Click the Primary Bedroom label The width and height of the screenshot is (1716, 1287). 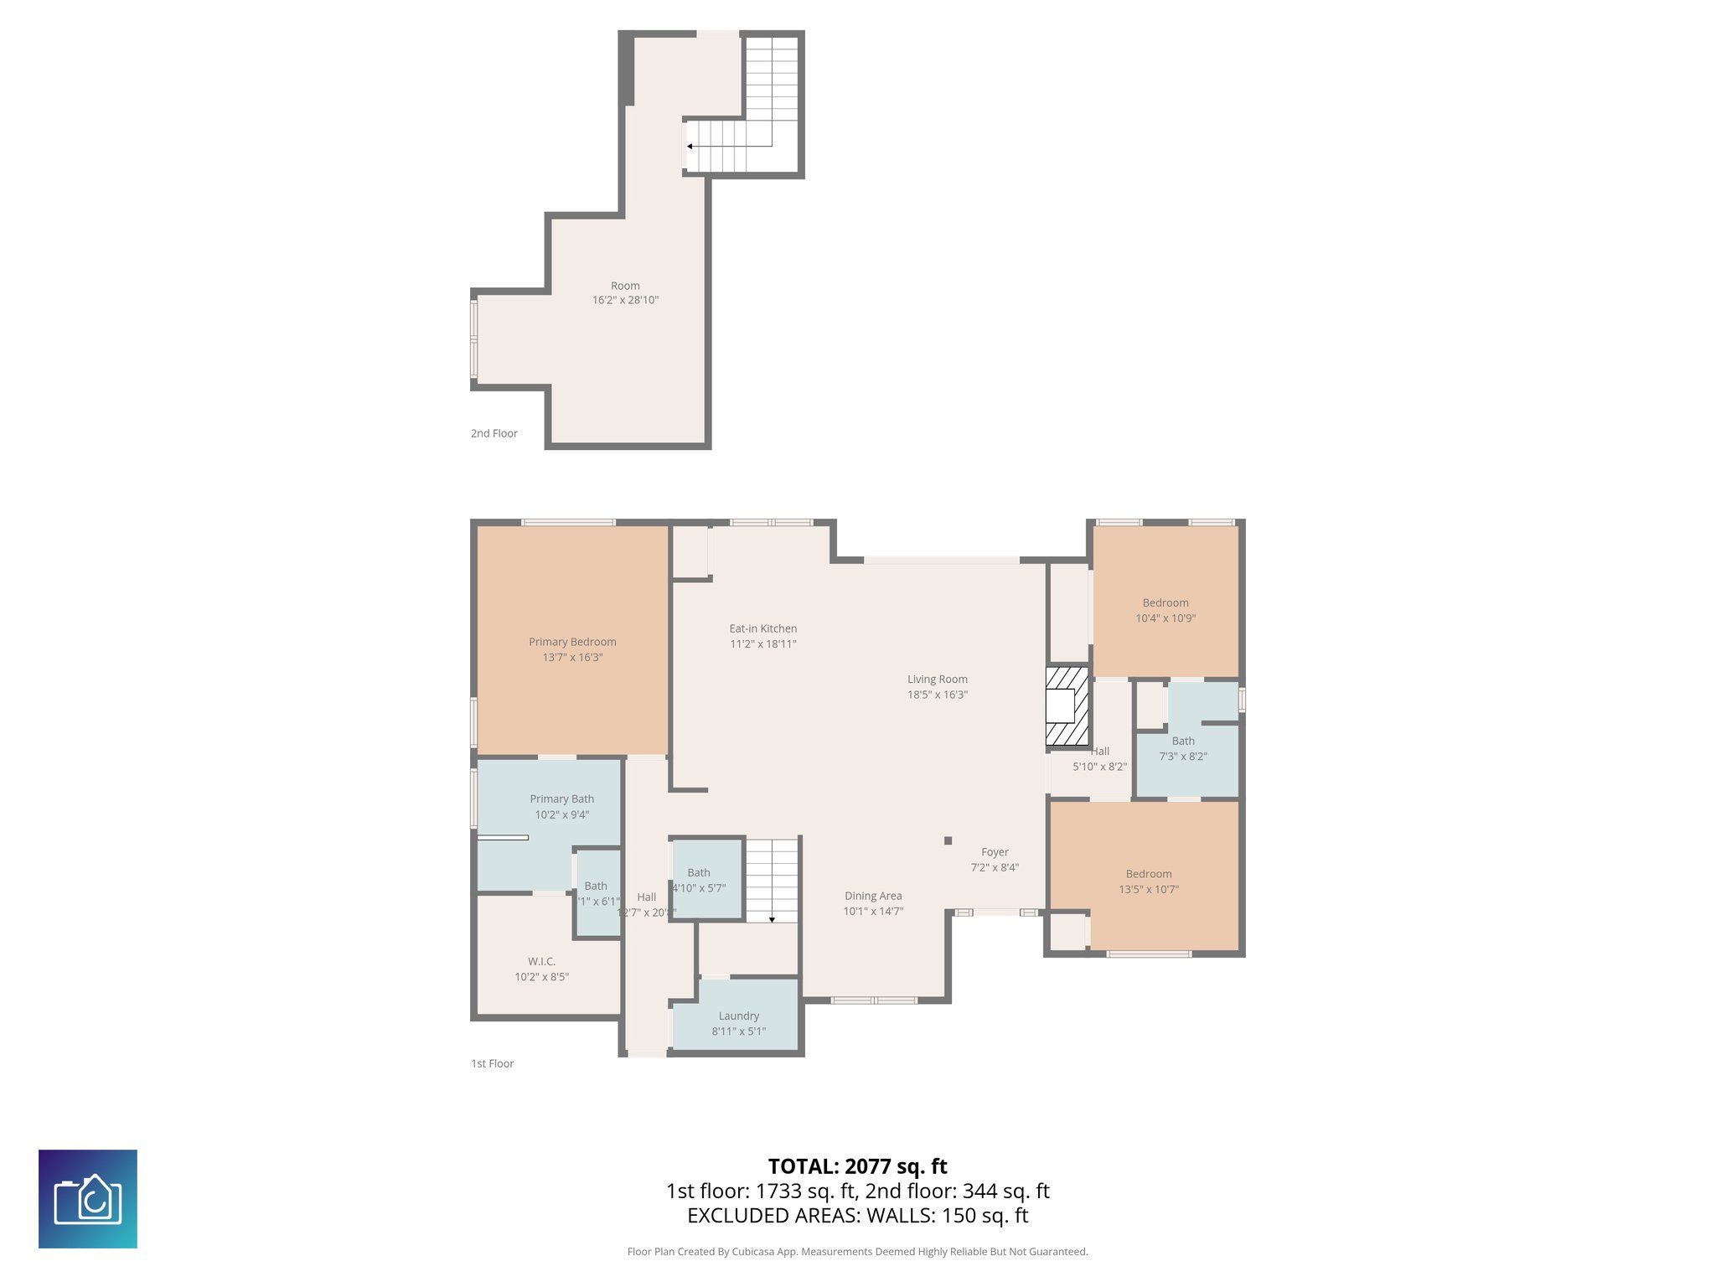pos(572,642)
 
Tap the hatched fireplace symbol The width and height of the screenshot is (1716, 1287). pos(1067,706)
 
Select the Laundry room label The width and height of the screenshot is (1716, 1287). pos(738,1016)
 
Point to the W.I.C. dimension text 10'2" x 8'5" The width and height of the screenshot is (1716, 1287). pos(541,977)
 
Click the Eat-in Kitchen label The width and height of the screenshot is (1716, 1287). pos(762,628)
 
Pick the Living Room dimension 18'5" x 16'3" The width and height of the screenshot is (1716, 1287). pos(937,695)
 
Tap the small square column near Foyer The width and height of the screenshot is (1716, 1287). pos(948,840)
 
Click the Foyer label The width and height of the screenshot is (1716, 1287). pos(995,852)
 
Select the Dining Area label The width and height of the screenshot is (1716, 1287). pos(873,896)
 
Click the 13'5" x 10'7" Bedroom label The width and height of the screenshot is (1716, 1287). pos(1149,874)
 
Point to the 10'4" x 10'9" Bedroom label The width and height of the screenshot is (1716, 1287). pos(1165,603)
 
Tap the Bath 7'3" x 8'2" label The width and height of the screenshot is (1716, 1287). pos(1183,741)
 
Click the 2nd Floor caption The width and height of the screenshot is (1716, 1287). pos(494,433)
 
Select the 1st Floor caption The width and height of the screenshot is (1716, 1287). pos(492,1063)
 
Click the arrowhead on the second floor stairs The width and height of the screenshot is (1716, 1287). pos(690,147)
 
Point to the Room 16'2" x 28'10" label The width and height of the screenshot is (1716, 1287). pos(625,286)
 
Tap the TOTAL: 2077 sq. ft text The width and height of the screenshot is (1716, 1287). pos(857,1166)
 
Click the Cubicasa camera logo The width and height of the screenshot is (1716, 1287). pos(88,1199)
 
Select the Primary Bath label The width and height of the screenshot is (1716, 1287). pos(561,799)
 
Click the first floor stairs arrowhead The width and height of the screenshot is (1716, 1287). pos(772,920)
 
